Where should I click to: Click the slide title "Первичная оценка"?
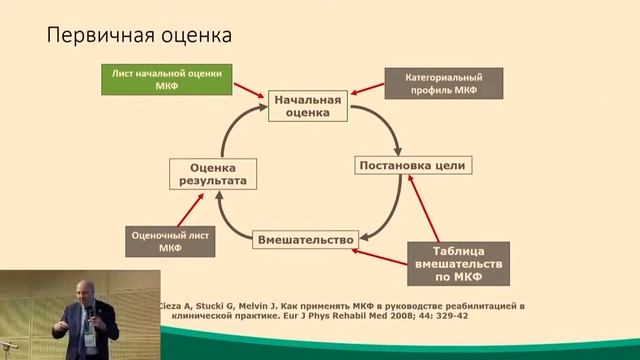pos(140,35)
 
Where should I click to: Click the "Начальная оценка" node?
pos(307,106)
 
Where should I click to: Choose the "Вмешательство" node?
pos(307,240)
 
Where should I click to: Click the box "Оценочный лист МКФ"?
pos(170,242)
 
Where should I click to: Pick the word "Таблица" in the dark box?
pos(459,250)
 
